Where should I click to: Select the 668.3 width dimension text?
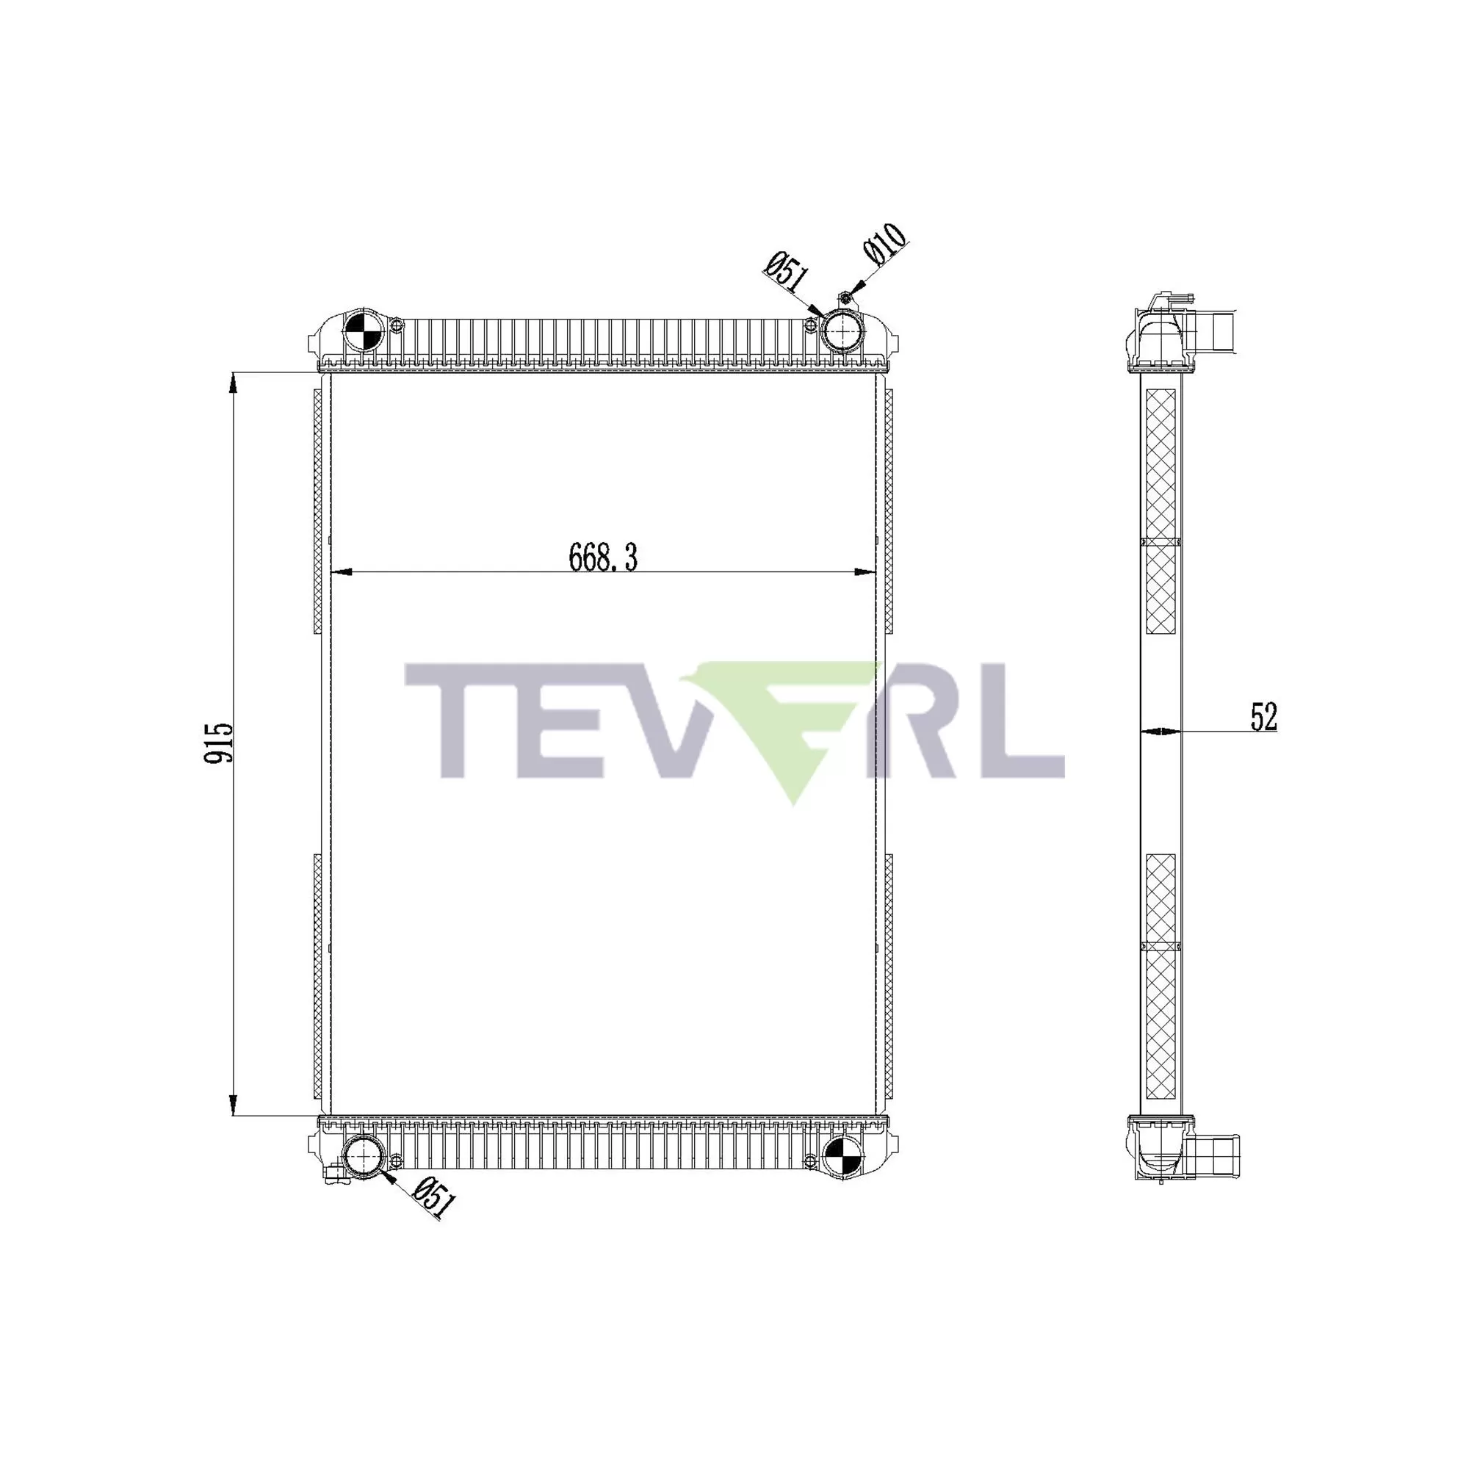click(602, 558)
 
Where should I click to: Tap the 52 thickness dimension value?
click(1263, 717)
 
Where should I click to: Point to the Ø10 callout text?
click(884, 245)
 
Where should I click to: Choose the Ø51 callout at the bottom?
click(435, 1200)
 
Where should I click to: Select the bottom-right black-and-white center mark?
click(842, 1160)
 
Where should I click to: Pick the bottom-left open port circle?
click(362, 1160)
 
